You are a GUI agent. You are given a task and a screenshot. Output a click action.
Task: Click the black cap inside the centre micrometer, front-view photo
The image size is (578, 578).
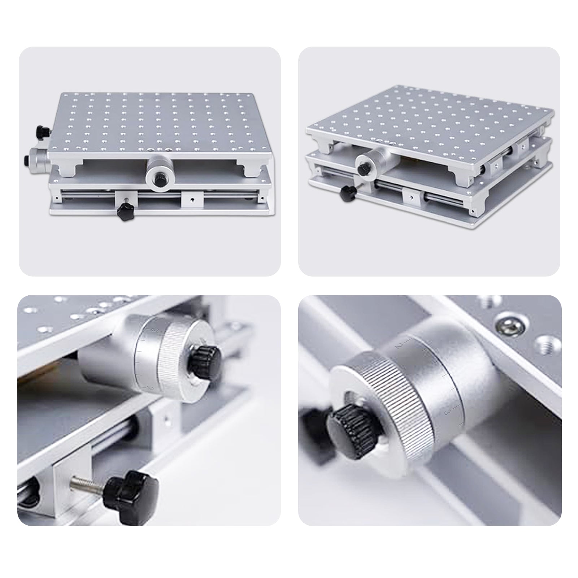click(158, 179)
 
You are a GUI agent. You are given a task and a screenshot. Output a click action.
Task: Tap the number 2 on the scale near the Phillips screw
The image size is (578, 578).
click(397, 346)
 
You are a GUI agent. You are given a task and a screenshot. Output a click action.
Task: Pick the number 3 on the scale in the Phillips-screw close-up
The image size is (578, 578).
click(447, 412)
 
